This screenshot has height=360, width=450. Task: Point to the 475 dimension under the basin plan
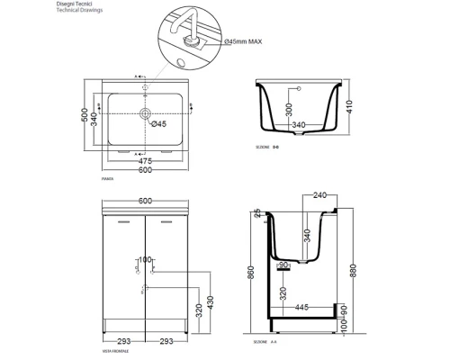click(x=145, y=162)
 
